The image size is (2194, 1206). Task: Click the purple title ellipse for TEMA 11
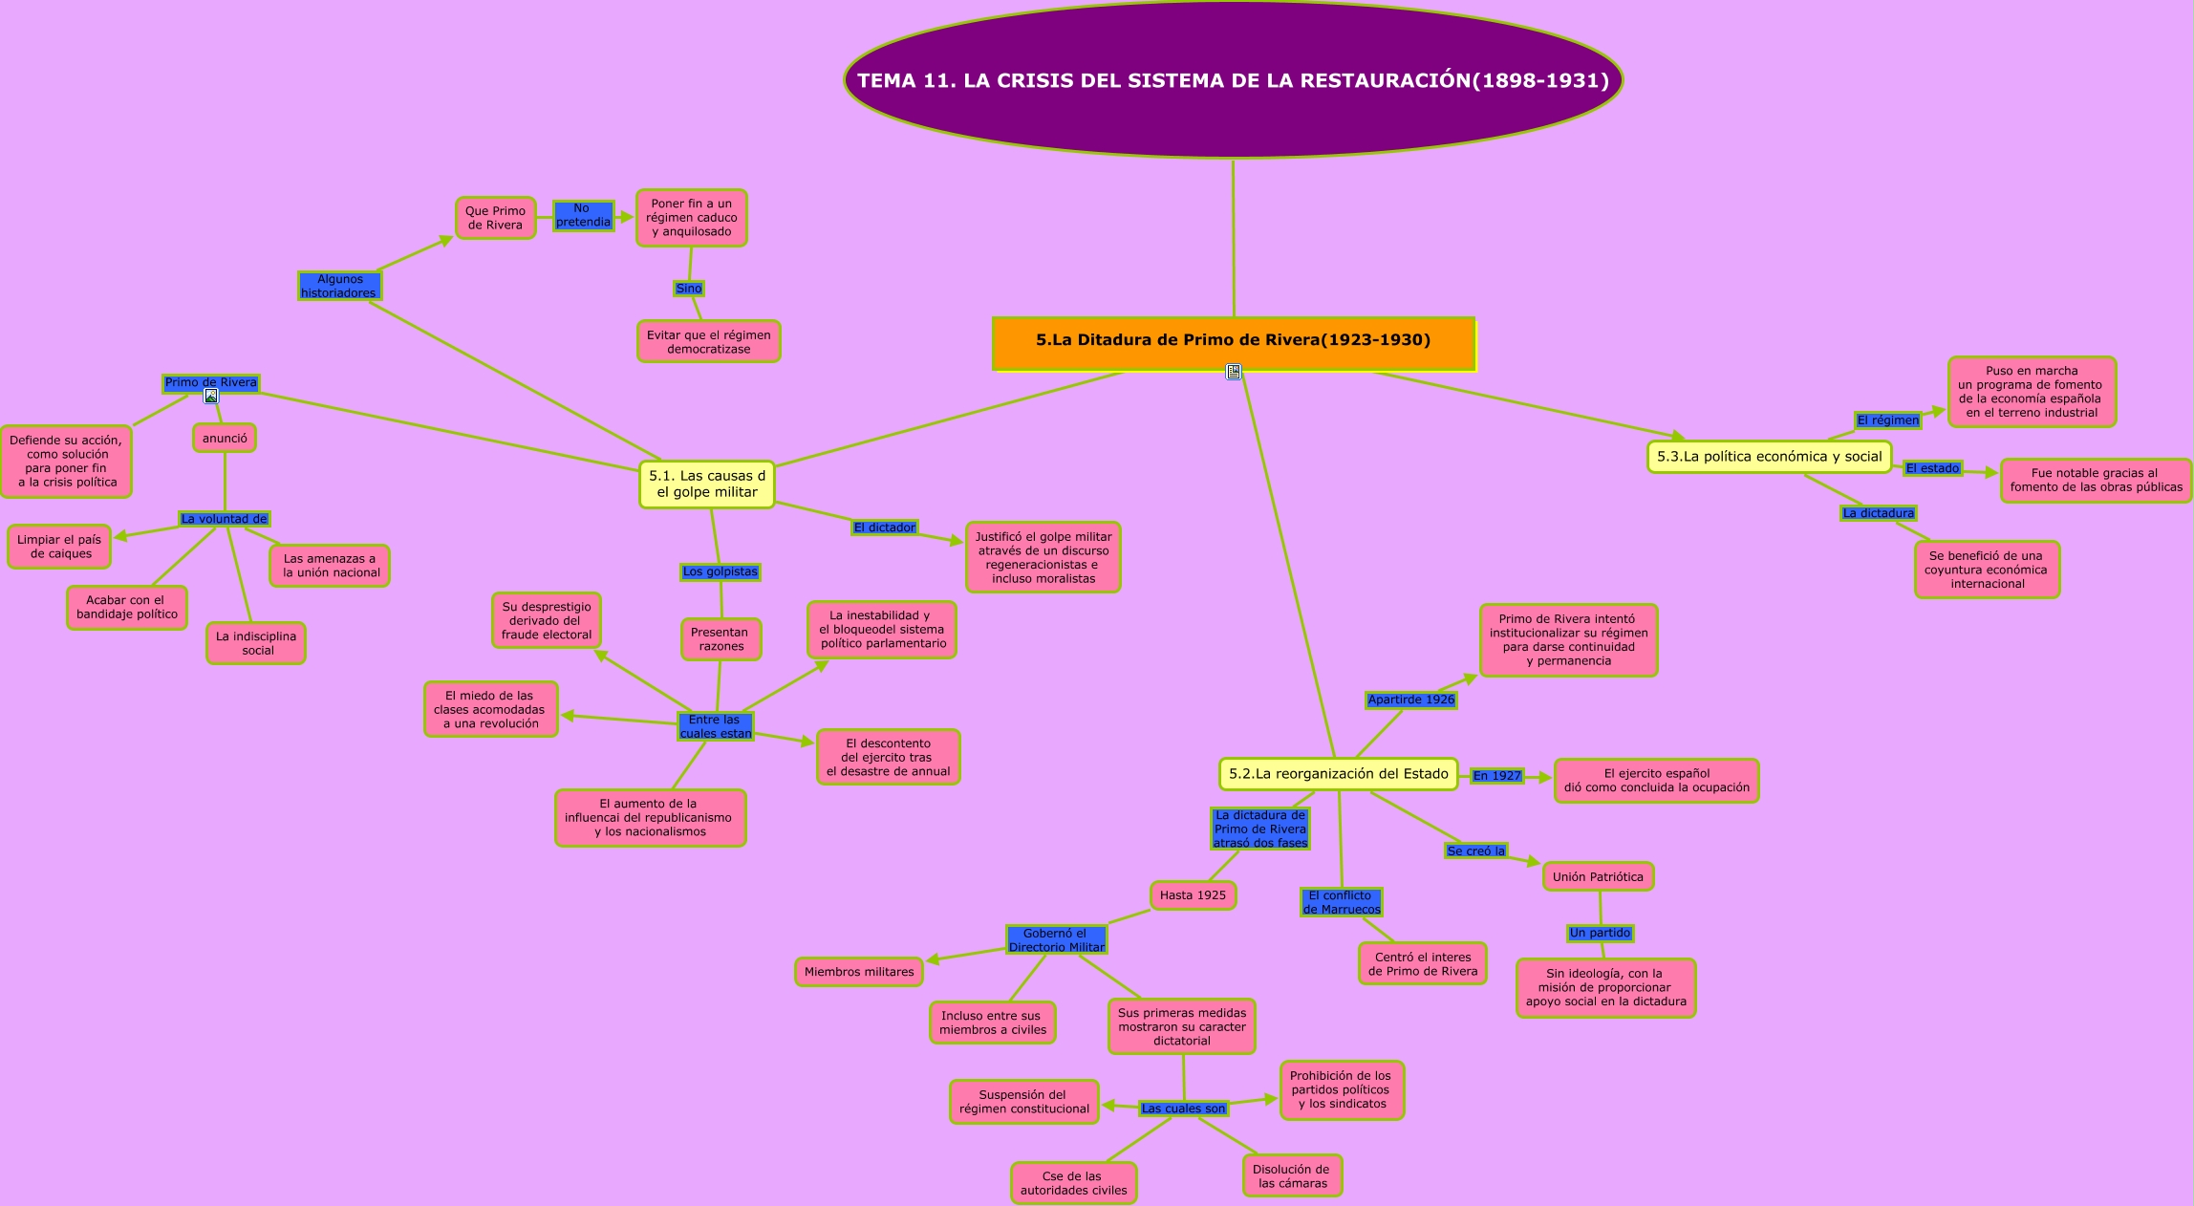(1233, 80)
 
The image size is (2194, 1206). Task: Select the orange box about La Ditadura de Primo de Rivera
(1233, 341)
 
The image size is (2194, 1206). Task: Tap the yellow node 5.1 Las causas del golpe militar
(707, 485)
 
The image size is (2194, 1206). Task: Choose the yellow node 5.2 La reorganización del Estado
(1338, 774)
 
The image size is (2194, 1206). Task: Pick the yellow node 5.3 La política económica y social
(1769, 457)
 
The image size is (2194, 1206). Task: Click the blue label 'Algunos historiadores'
(339, 286)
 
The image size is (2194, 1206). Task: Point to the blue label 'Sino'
(688, 289)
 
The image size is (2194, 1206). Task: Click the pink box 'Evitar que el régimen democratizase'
(708, 342)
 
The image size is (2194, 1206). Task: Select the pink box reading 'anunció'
(225, 439)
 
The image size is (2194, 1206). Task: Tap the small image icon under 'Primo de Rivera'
(211, 396)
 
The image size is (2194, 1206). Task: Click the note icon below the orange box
(1234, 372)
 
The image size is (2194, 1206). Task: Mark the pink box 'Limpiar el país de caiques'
(59, 547)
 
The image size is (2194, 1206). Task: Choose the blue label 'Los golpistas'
(720, 572)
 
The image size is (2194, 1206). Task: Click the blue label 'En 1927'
(1496, 776)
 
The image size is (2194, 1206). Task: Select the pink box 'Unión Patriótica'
(1598, 877)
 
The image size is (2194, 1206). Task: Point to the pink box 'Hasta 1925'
(1193, 895)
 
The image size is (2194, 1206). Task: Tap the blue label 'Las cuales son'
(1183, 1109)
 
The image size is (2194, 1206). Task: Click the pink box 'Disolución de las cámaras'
(1292, 1176)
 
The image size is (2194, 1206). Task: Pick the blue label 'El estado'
(1932, 468)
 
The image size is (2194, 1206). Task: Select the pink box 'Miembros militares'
(858, 972)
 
